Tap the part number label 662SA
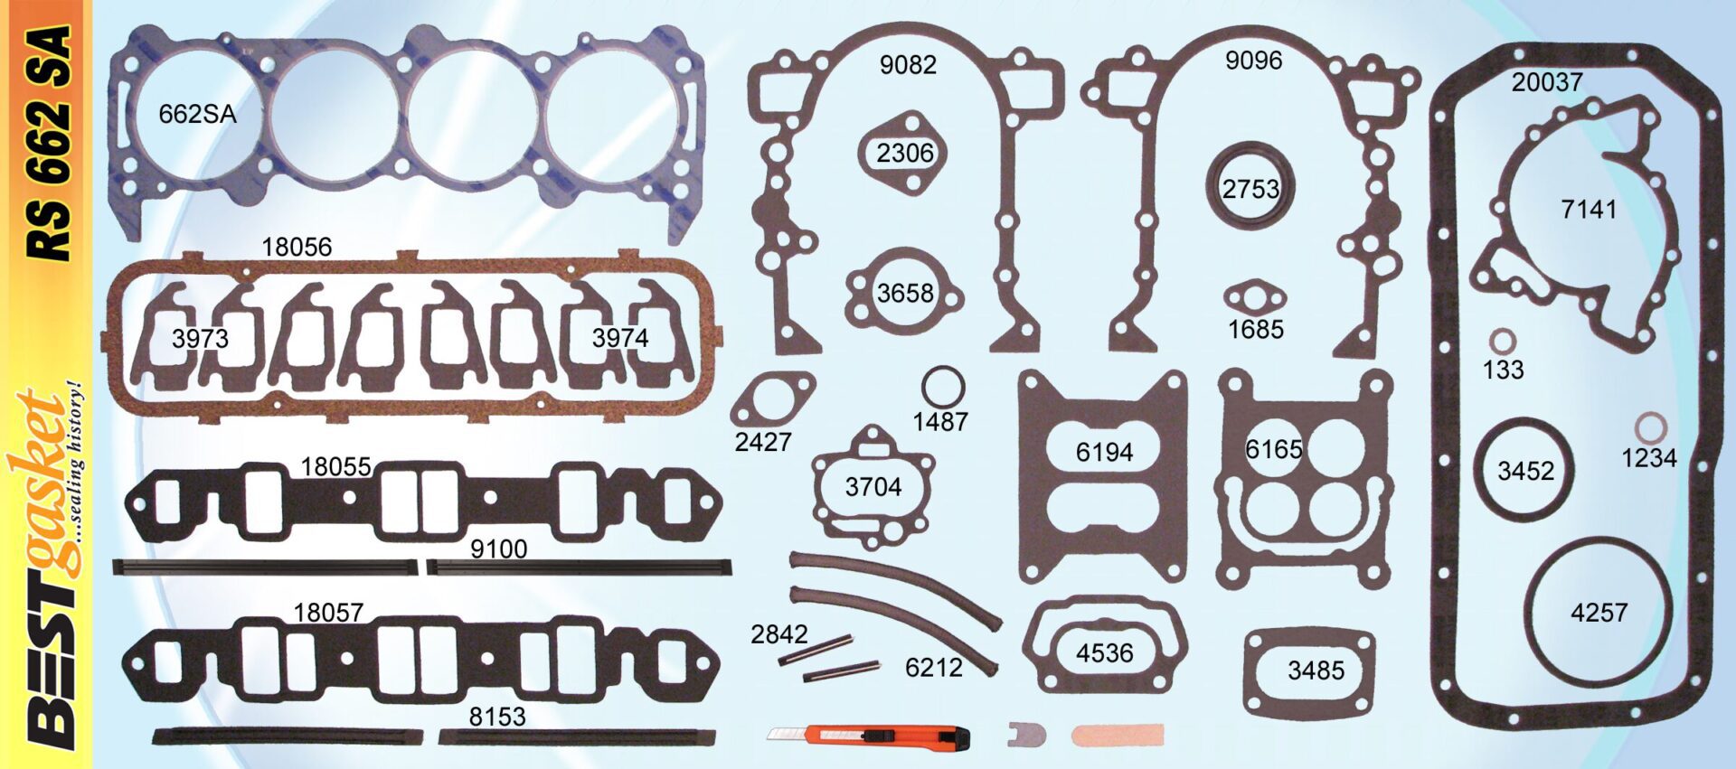pos(197,114)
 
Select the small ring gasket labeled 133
pos(1502,342)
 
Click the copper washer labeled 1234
pos(1651,428)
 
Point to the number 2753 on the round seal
pos(1250,189)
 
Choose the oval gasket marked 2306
pos(905,152)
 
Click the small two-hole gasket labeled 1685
pos(1255,296)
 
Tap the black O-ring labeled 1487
pos(943,388)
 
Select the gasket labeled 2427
pos(771,401)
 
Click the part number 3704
pos(873,487)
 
